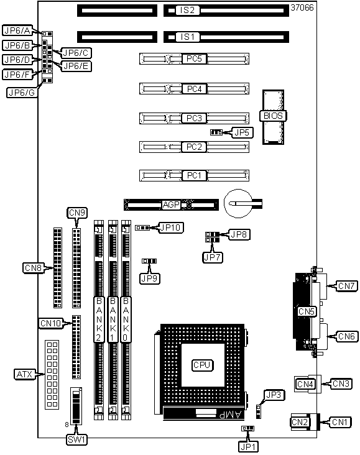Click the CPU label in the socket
click(x=202, y=365)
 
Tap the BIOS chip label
click(x=273, y=116)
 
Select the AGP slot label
click(x=171, y=205)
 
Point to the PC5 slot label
click(x=194, y=58)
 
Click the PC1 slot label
click(x=194, y=175)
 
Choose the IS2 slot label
click(x=188, y=10)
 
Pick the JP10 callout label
click(x=171, y=227)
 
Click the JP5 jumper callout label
click(x=241, y=132)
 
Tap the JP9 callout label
click(x=149, y=278)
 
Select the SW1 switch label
click(x=76, y=439)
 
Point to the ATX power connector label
click(x=25, y=374)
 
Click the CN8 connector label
click(x=33, y=267)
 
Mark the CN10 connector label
click(x=51, y=323)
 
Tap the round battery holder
click(x=238, y=203)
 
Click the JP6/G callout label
click(x=22, y=93)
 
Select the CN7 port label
click(x=346, y=286)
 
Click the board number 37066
click(x=302, y=7)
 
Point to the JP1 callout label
click(x=248, y=446)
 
